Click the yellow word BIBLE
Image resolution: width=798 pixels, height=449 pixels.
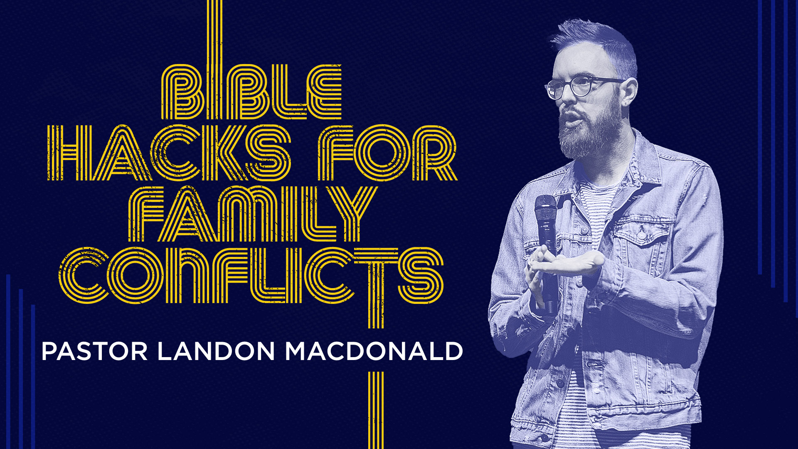tap(251, 91)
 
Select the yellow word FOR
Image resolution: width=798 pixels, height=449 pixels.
tap(388, 153)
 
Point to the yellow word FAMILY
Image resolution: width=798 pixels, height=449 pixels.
tap(252, 214)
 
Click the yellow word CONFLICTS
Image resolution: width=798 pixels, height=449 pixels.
tap(251, 275)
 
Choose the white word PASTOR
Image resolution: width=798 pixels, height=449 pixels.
tap(94, 351)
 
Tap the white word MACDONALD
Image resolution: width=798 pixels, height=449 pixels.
tap(374, 351)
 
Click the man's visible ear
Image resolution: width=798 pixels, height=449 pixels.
tap(628, 94)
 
